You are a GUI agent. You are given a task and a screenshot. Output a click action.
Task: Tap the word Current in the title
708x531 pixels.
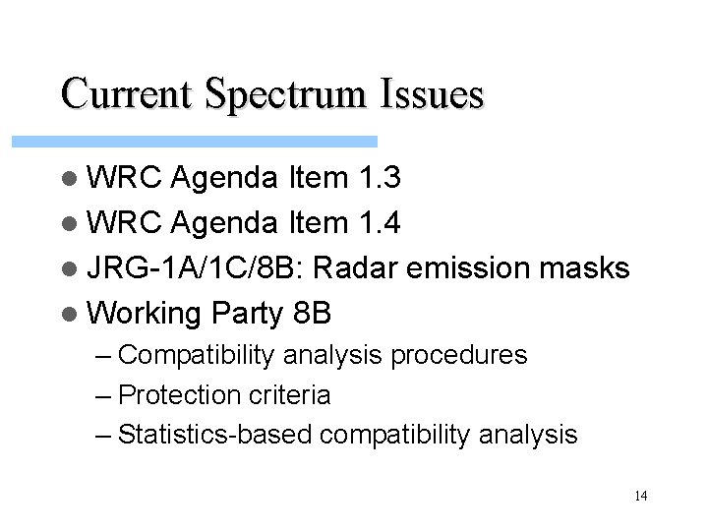coord(127,94)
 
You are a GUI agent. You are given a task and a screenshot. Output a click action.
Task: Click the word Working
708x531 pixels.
coord(144,315)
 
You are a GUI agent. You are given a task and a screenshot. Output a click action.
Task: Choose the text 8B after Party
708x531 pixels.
coord(313,315)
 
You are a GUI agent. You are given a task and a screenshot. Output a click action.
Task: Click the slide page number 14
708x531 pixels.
coord(640,496)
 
